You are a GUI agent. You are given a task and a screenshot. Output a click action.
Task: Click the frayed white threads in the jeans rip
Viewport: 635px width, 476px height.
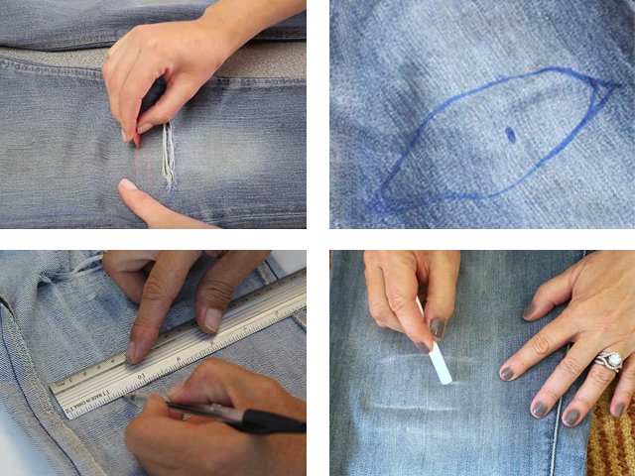169,159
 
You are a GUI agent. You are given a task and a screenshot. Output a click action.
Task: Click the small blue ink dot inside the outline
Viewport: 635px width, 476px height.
510,134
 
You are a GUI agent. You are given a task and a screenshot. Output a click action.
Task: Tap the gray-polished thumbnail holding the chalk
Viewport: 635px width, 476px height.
438,327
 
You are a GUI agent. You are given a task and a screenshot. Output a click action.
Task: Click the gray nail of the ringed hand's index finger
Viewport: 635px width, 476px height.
508,373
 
